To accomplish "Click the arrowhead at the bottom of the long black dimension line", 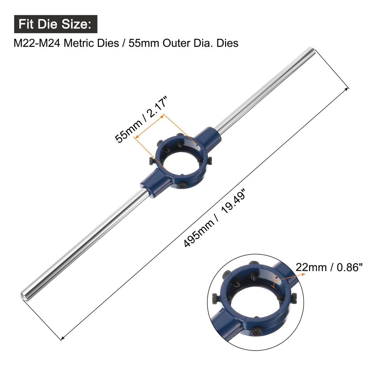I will click(62, 338).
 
